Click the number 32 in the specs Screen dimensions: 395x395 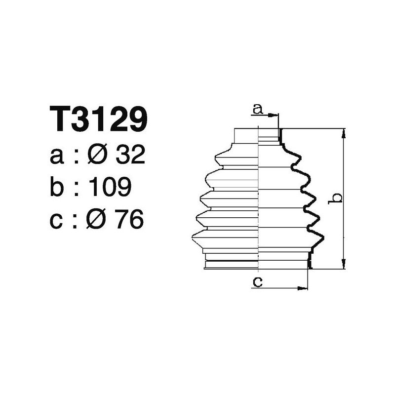(130, 156)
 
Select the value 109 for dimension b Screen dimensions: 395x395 (110, 187)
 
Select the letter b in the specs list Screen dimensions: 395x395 (57, 187)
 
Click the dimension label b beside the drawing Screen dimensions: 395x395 (336, 197)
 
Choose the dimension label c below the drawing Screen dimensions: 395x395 (257, 282)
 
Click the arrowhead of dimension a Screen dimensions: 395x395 (275, 116)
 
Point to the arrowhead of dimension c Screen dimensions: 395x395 (304, 288)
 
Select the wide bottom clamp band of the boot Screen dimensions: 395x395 (257, 264)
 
